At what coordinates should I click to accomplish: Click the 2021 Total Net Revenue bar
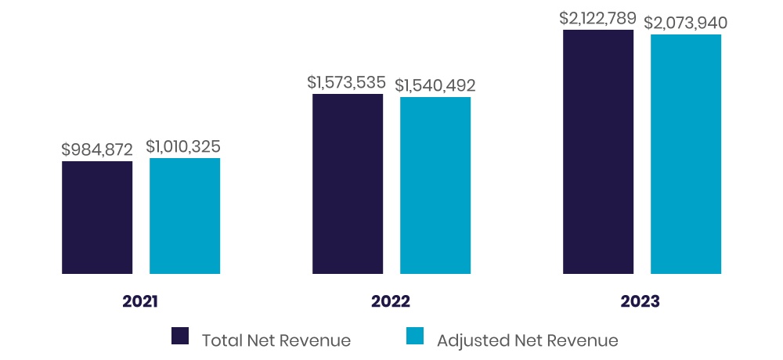[x=97, y=218]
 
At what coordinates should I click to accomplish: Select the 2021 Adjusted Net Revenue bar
[x=185, y=216]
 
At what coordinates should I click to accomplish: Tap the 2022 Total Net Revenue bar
[x=348, y=184]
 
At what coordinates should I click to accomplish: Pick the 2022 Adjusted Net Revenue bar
[x=435, y=185]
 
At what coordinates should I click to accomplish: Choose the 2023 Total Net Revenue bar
[x=598, y=152]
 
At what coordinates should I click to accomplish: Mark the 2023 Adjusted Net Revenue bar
[x=686, y=154]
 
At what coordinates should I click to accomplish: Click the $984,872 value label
[x=98, y=149]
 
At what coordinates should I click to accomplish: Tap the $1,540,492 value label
[x=435, y=85]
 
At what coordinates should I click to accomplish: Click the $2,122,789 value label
[x=597, y=18]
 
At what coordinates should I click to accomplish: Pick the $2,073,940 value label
[x=686, y=23]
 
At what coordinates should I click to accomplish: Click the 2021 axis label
[x=141, y=301]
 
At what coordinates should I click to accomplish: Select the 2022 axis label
[x=391, y=301]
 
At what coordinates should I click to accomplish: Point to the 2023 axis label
[x=641, y=301]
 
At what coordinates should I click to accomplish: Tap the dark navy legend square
[x=180, y=337]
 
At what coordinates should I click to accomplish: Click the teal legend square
[x=415, y=337]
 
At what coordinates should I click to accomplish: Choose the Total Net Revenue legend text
[x=276, y=340]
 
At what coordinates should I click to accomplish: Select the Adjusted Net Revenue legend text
[x=528, y=340]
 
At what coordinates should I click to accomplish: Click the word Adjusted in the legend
[x=470, y=340]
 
